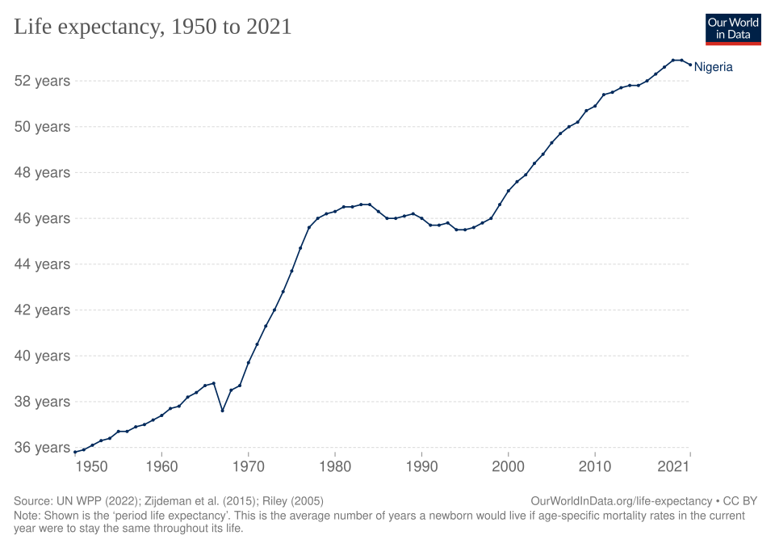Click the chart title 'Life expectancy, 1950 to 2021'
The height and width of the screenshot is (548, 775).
(153, 27)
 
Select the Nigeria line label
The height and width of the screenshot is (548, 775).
(714, 67)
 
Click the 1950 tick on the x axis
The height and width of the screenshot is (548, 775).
(91, 467)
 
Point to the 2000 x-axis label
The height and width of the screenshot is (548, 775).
(508, 467)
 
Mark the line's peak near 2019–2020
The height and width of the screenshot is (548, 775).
(677, 60)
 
